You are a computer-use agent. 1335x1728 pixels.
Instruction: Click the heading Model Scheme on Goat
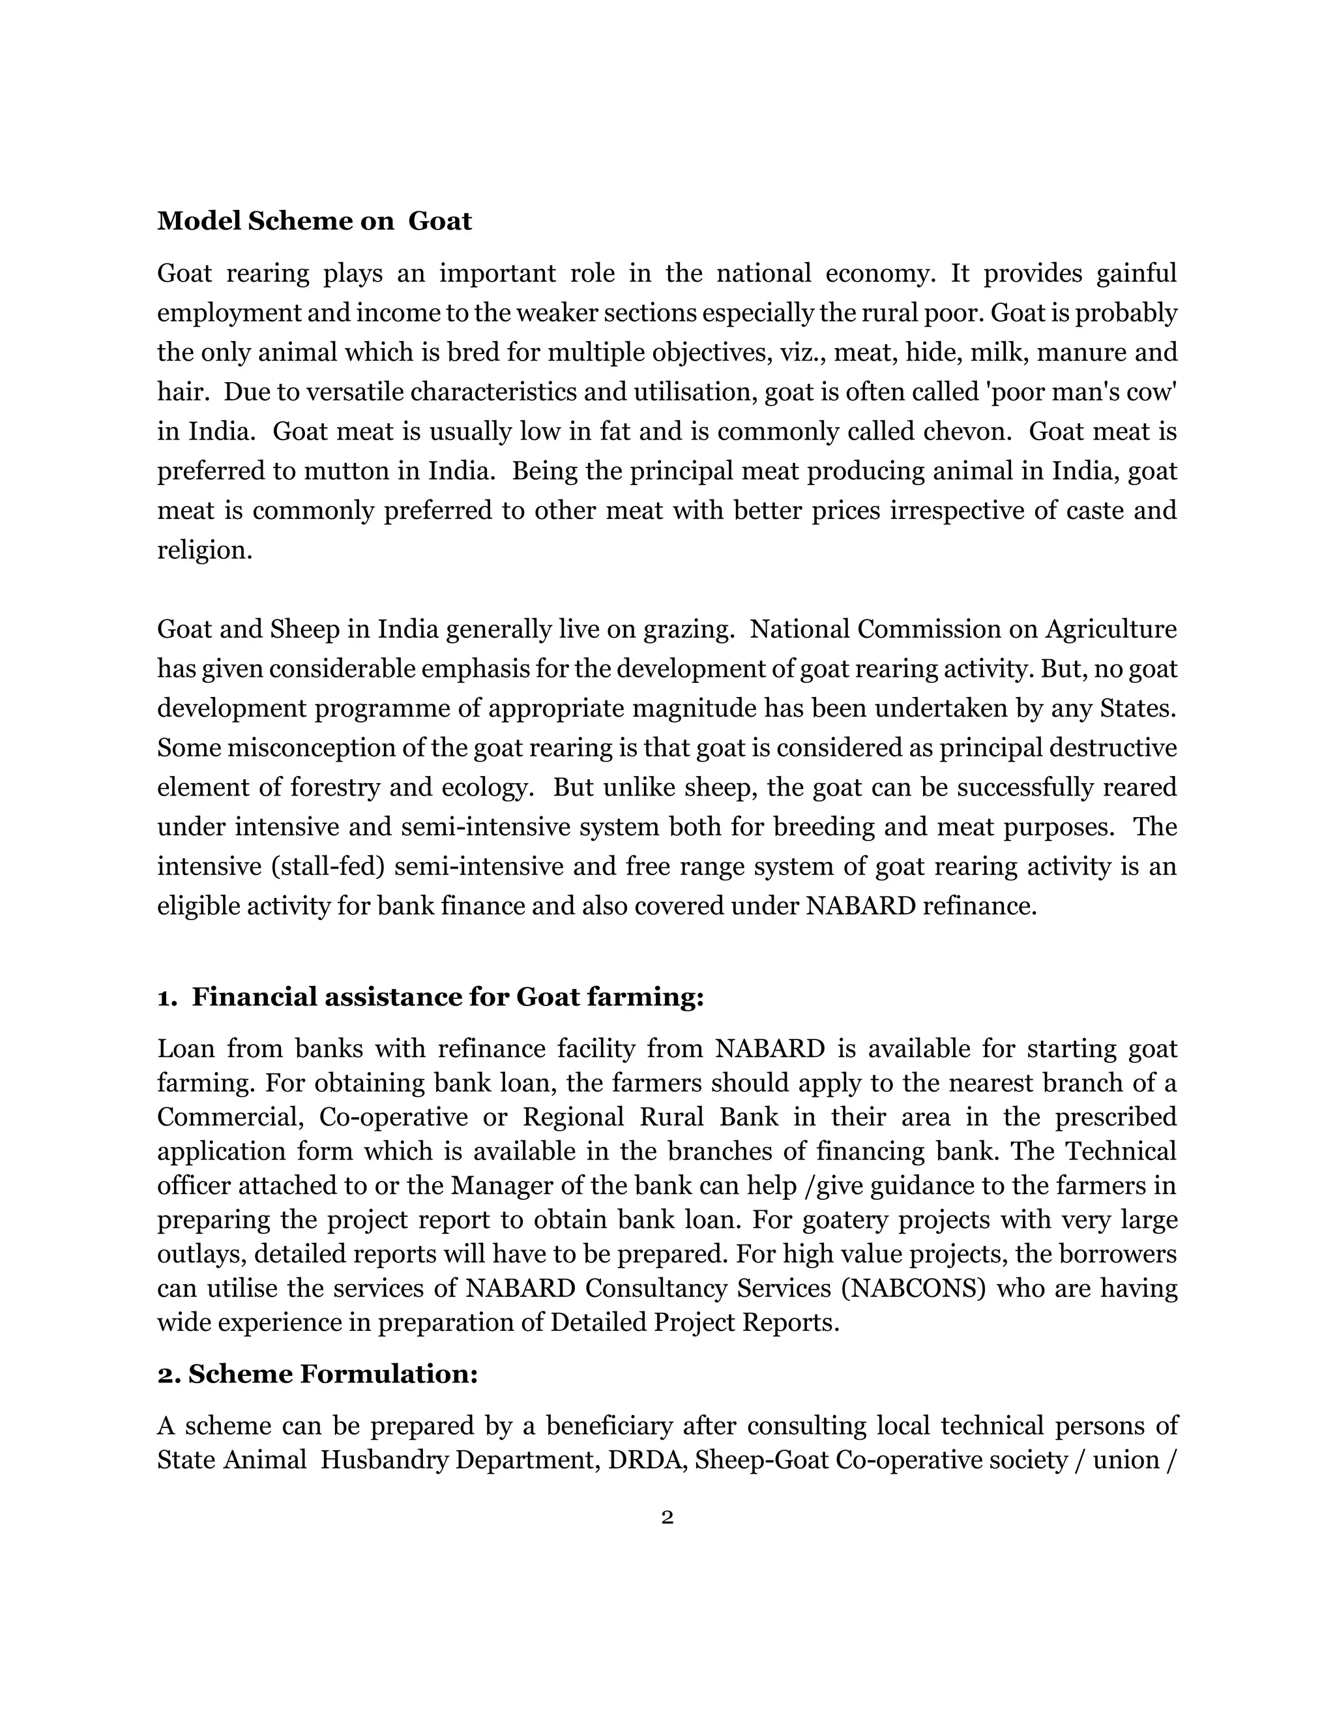pos(314,221)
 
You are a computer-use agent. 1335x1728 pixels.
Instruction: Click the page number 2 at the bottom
pos(667,1517)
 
